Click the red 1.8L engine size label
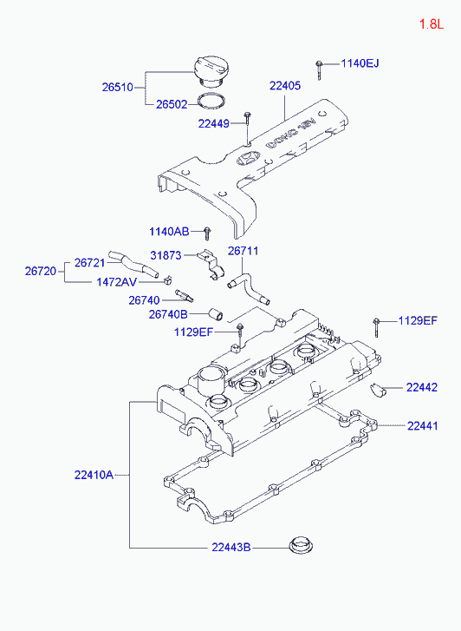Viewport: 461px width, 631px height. (x=432, y=23)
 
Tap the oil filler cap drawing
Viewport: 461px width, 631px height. (x=209, y=72)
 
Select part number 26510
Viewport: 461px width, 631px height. (x=117, y=87)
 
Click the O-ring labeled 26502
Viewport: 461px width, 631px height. (x=211, y=101)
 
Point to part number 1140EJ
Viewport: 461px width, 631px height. (x=360, y=63)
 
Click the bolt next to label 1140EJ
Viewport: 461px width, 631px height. (x=319, y=69)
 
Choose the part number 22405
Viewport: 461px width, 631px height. (x=285, y=86)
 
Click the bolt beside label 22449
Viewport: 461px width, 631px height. (x=247, y=126)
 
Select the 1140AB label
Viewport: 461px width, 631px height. (x=169, y=232)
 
